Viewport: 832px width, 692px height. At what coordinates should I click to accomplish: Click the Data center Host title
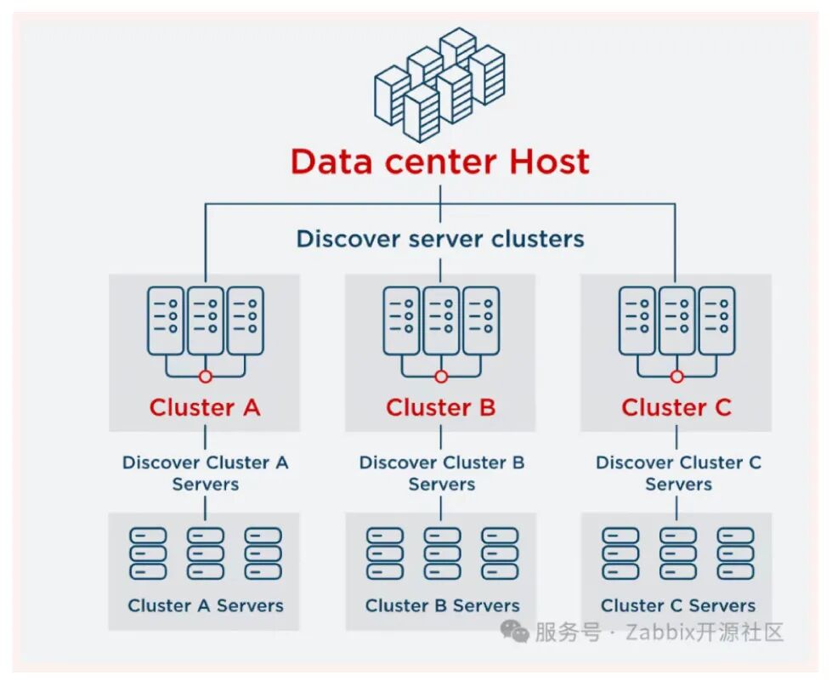click(x=439, y=162)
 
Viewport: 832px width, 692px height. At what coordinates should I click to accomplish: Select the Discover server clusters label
click(x=439, y=239)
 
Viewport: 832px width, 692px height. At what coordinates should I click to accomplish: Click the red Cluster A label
click(x=205, y=408)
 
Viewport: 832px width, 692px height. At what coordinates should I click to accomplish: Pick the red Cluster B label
click(x=440, y=408)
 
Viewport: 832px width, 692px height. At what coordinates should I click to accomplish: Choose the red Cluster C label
click(x=676, y=408)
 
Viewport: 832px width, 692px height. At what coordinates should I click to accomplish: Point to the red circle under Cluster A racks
click(x=205, y=376)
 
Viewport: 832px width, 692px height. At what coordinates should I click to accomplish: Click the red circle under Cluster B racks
click(x=440, y=376)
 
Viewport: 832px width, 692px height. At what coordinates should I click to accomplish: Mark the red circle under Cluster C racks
click(x=676, y=376)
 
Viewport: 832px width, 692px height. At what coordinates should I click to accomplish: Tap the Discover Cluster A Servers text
click(x=205, y=474)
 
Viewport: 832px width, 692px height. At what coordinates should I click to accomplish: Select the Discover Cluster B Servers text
click(x=441, y=474)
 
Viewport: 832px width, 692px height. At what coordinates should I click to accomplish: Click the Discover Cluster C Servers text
click(x=677, y=474)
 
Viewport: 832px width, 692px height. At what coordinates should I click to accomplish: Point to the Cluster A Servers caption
click(x=205, y=606)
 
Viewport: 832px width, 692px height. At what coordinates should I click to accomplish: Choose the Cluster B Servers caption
click(x=442, y=606)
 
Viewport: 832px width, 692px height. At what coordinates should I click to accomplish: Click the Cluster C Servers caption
click(x=677, y=606)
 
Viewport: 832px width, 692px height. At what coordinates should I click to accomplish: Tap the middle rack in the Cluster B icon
click(x=440, y=320)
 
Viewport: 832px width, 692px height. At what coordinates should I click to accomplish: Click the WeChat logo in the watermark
click(x=514, y=632)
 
